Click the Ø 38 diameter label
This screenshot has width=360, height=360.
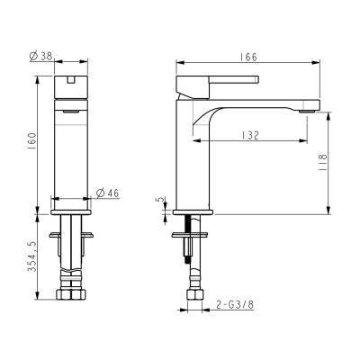[41, 56]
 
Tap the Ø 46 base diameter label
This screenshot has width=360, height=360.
[108, 193]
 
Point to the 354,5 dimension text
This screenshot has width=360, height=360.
[31, 256]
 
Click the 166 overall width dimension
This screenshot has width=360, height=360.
[248, 57]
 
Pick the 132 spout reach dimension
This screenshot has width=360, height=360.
[250, 135]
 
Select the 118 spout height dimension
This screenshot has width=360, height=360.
[323, 162]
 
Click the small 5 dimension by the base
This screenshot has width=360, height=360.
[161, 200]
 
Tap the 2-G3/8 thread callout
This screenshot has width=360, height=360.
[235, 305]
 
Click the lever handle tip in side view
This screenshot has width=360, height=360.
[256, 79]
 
